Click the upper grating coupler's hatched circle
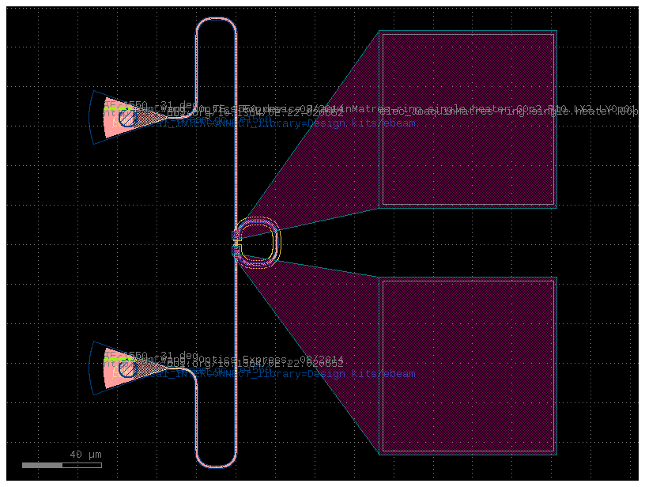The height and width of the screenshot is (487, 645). [126, 118]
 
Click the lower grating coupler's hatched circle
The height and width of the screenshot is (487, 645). [126, 368]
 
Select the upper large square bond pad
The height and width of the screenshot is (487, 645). [468, 119]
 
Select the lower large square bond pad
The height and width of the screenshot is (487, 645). [468, 365]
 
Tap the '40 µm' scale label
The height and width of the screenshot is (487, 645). [85, 455]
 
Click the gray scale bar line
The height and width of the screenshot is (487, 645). [62, 465]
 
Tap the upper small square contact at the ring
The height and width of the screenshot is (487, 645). [236, 235]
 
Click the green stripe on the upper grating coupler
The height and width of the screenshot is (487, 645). [119, 109]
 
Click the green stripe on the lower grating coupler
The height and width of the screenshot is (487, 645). [119, 359]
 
